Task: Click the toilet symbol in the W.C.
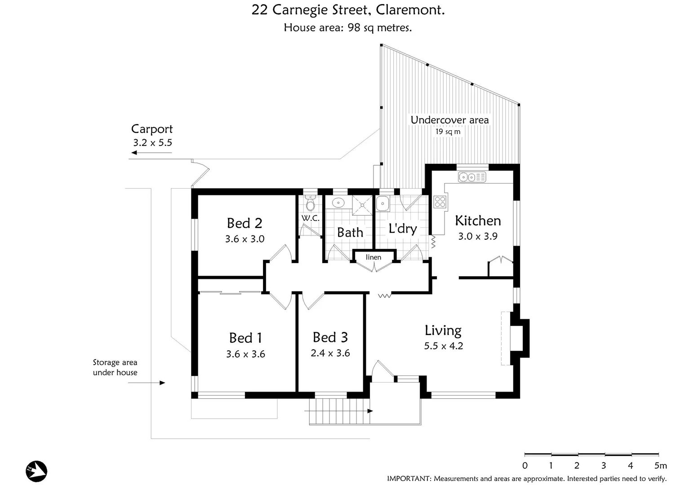pos(310,205)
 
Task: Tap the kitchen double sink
pos(472,178)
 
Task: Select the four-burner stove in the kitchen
pos(440,202)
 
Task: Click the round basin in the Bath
pos(338,203)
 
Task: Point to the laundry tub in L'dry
pos(383,203)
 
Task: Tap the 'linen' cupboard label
pos(373,257)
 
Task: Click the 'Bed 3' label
pos(330,337)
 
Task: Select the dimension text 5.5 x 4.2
pos(443,346)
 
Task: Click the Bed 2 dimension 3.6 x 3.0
pos(245,239)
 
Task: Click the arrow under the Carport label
pos(151,153)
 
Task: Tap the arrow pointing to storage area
pos(147,383)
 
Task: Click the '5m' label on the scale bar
pos(660,466)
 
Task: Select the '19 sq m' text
pos(448,132)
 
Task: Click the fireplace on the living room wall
pos(517,338)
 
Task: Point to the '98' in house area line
pos(354,27)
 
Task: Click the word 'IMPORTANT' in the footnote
pos(409,479)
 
